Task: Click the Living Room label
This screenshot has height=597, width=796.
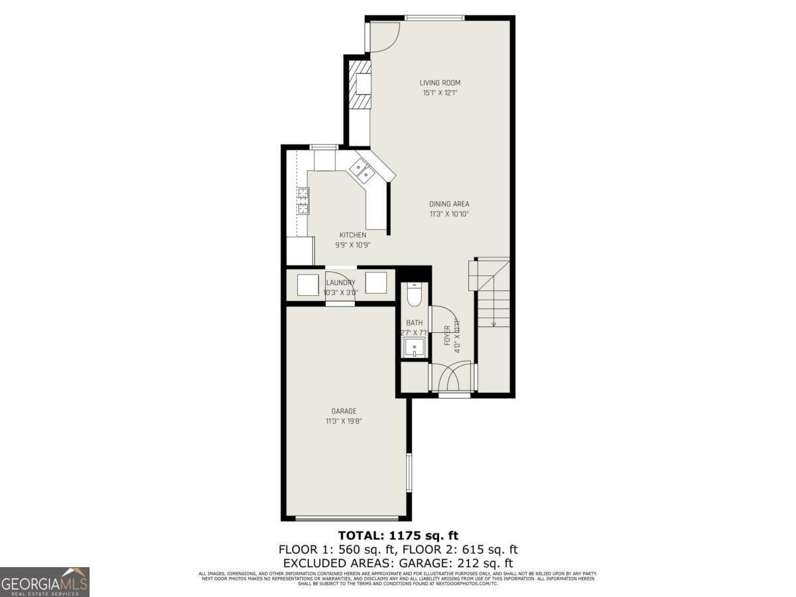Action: [440, 83]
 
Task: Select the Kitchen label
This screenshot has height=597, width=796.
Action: [353, 235]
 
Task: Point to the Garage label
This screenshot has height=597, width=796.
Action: [344, 411]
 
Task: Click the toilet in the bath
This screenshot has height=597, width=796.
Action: [415, 295]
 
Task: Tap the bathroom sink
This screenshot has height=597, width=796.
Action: [415, 347]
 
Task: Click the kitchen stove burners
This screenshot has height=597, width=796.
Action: [302, 201]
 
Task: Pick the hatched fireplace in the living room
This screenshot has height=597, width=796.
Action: [362, 84]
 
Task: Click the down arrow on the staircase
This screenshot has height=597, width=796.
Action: [494, 323]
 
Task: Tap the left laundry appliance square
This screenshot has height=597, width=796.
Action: [308, 285]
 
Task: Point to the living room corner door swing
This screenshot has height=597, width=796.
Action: [383, 38]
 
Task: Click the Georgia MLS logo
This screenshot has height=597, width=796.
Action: [44, 582]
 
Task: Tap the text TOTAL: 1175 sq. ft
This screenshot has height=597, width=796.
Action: [398, 535]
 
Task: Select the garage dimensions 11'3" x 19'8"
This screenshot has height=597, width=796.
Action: [344, 421]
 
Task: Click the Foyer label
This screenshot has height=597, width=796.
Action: [447, 335]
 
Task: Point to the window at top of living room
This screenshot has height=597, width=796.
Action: [434, 18]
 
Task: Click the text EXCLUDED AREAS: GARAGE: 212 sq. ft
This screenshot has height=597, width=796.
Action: [398, 563]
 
